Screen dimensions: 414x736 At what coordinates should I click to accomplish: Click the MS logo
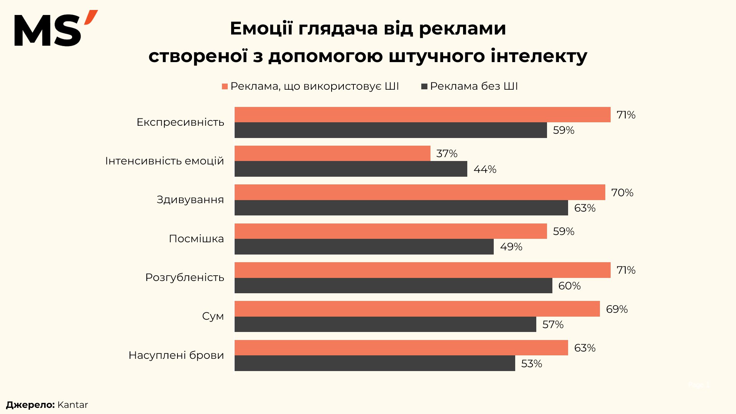(x=56, y=29)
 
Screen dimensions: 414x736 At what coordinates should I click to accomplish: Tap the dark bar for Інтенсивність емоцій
(x=351, y=169)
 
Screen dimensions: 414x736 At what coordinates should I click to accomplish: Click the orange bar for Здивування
(x=420, y=192)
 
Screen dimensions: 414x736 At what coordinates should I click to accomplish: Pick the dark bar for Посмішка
(x=364, y=247)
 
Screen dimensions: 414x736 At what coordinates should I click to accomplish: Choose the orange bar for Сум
(x=417, y=309)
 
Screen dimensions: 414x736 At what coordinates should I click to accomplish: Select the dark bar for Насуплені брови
(x=375, y=363)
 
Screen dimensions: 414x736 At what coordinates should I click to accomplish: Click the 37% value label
(x=447, y=154)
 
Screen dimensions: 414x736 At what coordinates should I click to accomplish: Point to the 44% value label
(x=485, y=169)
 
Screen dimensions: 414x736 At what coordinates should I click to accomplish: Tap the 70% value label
(x=622, y=192)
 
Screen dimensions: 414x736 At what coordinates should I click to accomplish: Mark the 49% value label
(x=511, y=247)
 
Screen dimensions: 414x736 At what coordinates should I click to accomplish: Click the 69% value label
(x=616, y=309)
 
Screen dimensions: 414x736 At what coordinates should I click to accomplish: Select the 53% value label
(x=531, y=364)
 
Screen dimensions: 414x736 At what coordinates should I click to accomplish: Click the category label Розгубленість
(x=184, y=278)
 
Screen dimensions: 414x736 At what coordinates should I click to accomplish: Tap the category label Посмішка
(x=196, y=239)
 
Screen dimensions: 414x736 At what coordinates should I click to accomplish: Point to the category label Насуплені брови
(x=176, y=355)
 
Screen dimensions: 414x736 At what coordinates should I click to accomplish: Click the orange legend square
(x=225, y=87)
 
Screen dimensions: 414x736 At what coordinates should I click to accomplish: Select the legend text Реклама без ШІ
(x=474, y=86)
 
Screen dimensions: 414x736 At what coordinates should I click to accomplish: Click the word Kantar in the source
(x=72, y=405)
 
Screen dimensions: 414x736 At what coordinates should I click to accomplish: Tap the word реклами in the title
(x=462, y=29)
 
